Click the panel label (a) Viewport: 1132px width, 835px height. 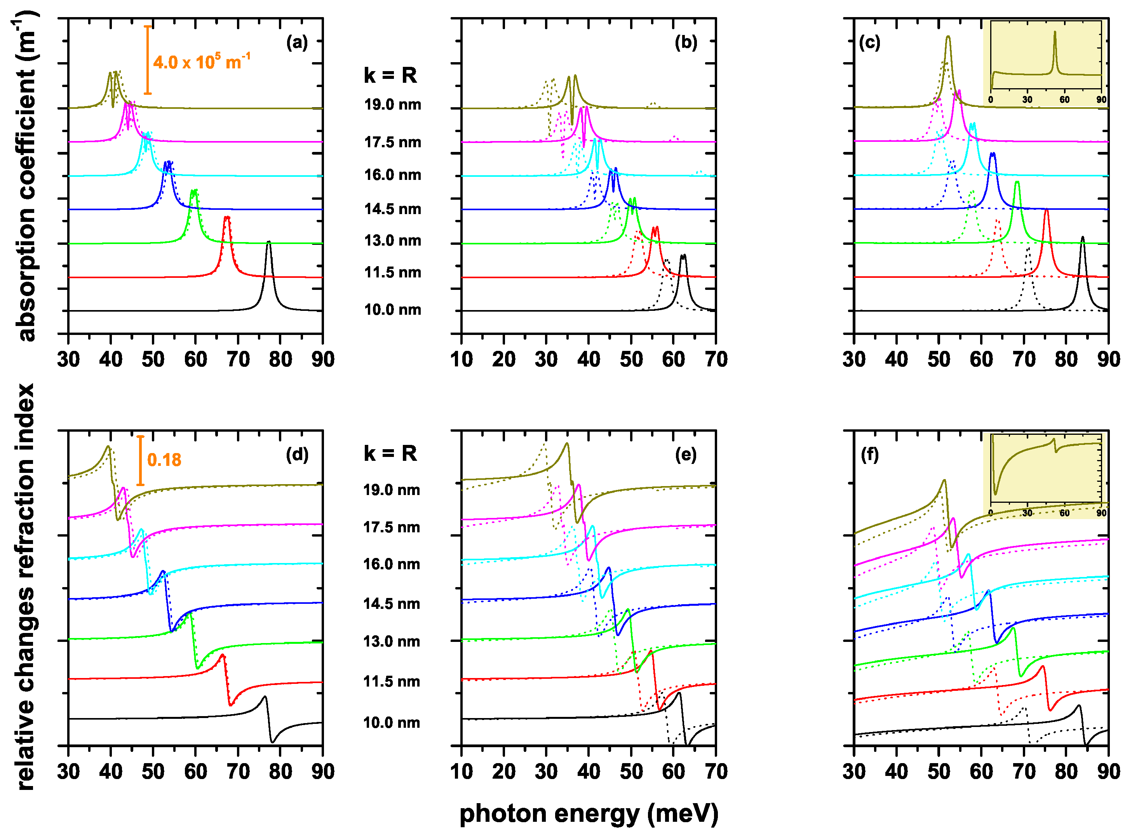coord(297,42)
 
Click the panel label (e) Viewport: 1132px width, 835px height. coord(685,455)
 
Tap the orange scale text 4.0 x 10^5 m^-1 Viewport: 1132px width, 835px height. coord(202,62)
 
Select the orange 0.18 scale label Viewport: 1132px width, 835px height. coord(164,460)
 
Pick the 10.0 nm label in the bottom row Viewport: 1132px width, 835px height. coord(391,723)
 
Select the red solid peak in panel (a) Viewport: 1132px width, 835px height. coord(227,218)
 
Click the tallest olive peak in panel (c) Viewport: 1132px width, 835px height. coord(948,37)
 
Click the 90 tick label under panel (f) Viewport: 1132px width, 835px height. coord(1108,772)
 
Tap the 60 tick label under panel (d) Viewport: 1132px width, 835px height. coord(195,772)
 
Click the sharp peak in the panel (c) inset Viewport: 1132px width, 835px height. coord(1055,33)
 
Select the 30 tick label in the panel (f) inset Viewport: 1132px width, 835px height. coord(1028,513)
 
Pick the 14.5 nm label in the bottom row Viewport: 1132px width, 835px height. coord(391,604)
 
